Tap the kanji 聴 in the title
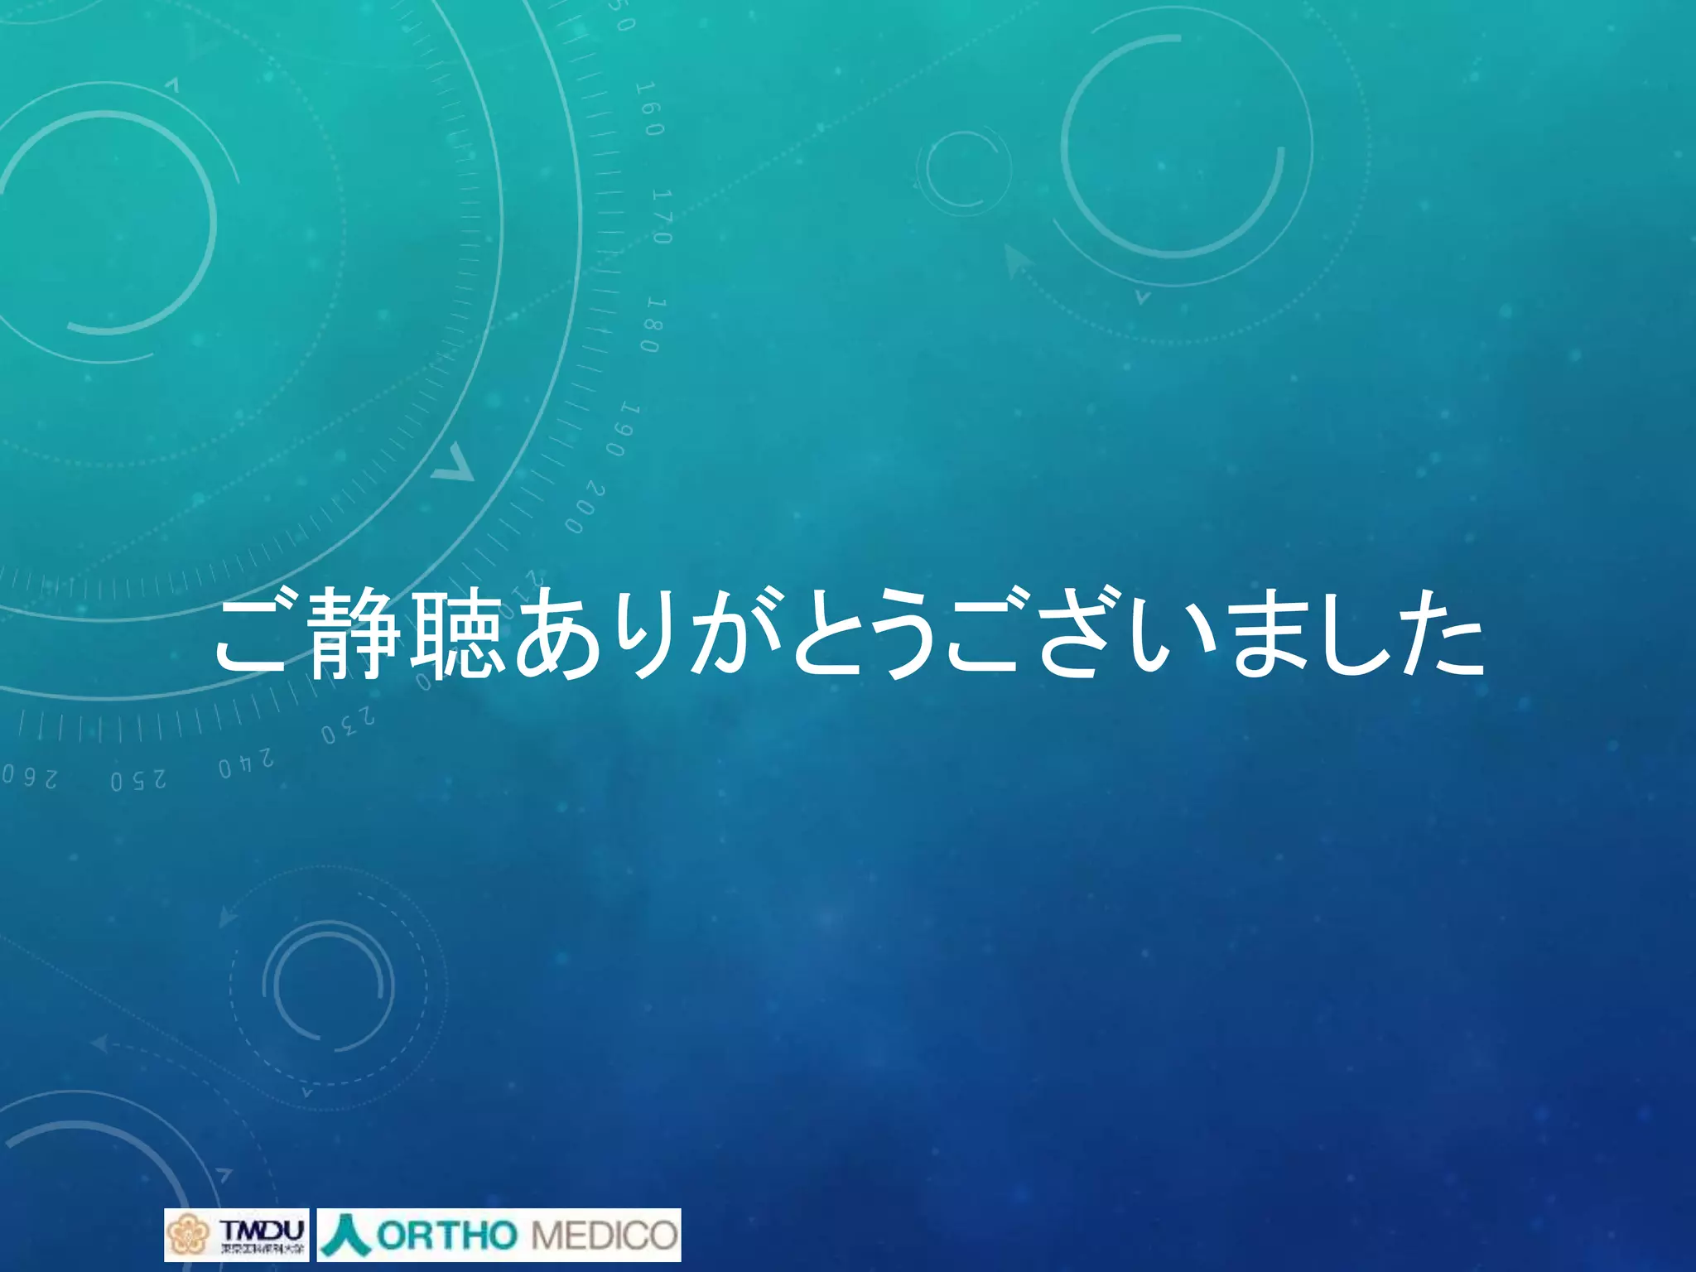click(x=457, y=634)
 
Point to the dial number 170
click(x=662, y=216)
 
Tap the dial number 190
click(x=623, y=430)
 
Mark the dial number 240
click(x=246, y=764)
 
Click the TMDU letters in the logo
click(x=262, y=1227)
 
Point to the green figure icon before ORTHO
click(x=346, y=1235)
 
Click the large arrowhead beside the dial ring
click(x=452, y=465)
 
